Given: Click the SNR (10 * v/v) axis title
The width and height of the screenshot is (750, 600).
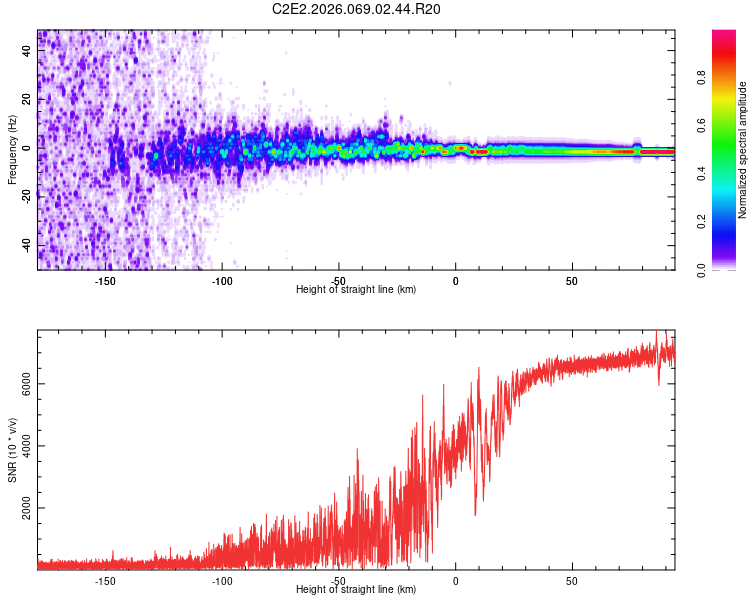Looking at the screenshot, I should (12, 451).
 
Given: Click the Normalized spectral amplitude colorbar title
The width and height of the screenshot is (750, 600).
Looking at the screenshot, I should (743, 151).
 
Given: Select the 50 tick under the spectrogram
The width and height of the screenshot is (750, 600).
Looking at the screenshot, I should (571, 281).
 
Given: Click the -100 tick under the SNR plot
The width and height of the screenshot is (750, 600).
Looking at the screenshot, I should (222, 580).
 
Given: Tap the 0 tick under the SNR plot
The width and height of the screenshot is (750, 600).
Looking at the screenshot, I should (455, 580).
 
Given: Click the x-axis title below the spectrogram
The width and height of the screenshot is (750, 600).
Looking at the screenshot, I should (356, 290).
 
